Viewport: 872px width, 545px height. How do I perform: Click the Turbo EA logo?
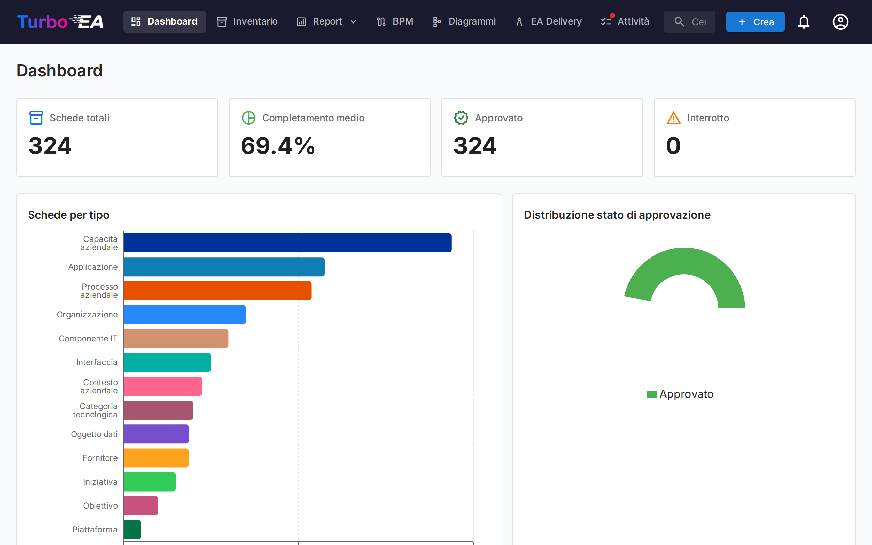click(x=60, y=21)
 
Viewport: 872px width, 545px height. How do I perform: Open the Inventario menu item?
click(x=247, y=21)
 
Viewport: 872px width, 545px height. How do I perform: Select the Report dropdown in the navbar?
click(x=326, y=21)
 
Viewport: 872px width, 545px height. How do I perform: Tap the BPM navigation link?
click(x=395, y=21)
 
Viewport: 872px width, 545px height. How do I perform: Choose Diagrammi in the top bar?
click(x=464, y=21)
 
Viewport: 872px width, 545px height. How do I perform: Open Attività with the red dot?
click(x=625, y=21)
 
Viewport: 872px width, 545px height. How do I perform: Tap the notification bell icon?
click(x=804, y=21)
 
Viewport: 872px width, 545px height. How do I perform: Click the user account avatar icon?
click(x=840, y=21)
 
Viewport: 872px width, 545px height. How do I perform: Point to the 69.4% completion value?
click(x=278, y=146)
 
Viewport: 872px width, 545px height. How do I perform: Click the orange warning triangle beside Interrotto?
click(x=673, y=118)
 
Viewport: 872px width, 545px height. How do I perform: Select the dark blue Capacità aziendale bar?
click(x=287, y=243)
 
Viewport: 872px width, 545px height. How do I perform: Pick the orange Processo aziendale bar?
click(x=217, y=291)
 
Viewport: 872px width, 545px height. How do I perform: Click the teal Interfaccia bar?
click(x=167, y=362)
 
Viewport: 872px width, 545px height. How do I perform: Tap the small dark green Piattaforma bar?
click(x=132, y=529)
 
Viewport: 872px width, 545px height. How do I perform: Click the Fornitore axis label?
click(x=100, y=458)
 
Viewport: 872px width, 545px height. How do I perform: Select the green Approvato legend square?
click(x=652, y=394)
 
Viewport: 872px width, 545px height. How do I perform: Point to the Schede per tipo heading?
click(x=68, y=215)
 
